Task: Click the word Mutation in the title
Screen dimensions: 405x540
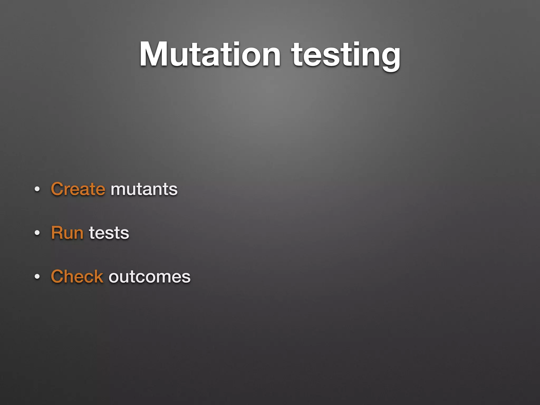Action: tap(210, 55)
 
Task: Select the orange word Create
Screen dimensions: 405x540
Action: tap(78, 189)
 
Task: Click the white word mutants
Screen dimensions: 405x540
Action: tap(144, 189)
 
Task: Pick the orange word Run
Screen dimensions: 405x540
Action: tap(67, 233)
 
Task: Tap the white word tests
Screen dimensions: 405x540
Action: tap(109, 233)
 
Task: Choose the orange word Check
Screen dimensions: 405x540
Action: tap(77, 277)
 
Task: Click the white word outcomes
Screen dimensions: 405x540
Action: tap(150, 277)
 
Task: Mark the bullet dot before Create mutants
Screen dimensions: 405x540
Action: tap(37, 189)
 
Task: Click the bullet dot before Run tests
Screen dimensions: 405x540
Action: tap(37, 233)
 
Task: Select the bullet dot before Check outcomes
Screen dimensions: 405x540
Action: tap(37, 277)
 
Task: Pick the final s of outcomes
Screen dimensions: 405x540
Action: tap(186, 278)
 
